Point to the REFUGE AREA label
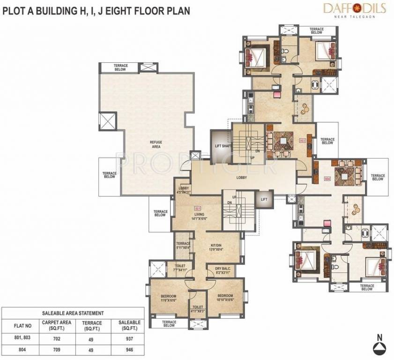click(x=156, y=144)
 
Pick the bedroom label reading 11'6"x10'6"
click(x=168, y=299)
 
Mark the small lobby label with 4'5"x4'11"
click(x=184, y=190)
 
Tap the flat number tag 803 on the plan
click(x=302, y=140)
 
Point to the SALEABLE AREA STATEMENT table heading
click(x=73, y=313)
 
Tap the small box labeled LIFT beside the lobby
click(x=264, y=199)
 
